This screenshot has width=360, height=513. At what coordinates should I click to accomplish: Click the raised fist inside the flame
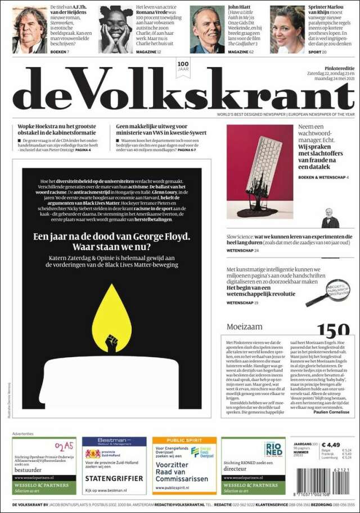(111, 343)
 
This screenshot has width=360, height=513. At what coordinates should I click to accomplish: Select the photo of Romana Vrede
(116, 30)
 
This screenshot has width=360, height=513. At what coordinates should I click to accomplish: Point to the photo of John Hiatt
(206, 30)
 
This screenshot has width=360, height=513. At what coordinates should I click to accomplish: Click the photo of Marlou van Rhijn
(287, 30)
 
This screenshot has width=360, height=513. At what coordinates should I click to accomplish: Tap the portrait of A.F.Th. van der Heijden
(30, 30)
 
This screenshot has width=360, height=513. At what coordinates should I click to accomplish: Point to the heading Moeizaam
(244, 327)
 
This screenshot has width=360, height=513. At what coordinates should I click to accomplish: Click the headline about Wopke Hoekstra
(60, 130)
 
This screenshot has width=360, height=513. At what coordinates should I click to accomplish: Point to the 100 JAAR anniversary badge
(183, 67)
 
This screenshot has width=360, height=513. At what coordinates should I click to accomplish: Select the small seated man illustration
(330, 219)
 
